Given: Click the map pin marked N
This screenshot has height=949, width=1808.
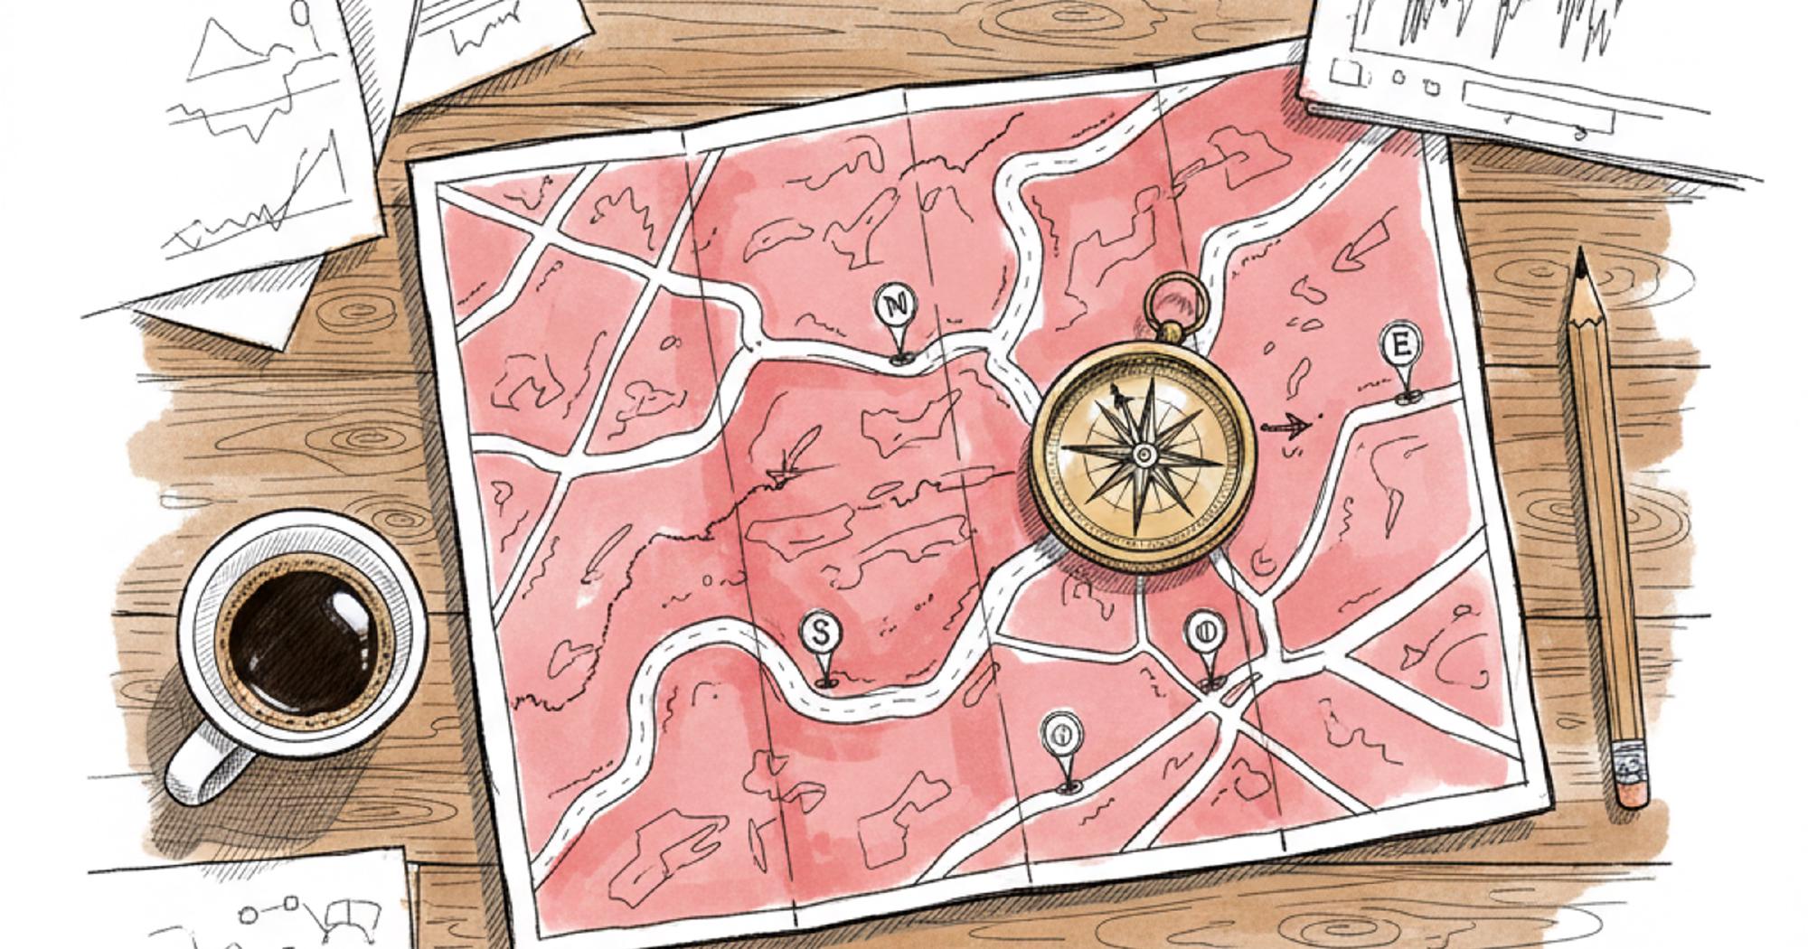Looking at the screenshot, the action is pyautogui.click(x=896, y=307).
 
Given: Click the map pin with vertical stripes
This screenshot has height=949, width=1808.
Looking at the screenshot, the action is pyautogui.click(x=1205, y=630).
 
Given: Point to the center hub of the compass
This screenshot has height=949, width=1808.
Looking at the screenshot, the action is pyautogui.click(x=1144, y=454).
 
